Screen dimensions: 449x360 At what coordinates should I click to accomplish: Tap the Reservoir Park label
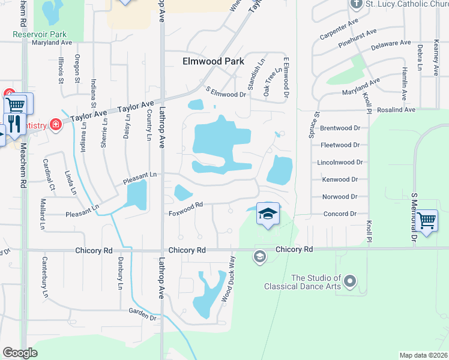(40, 34)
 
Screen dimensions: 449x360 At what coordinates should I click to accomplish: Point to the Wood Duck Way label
(227, 285)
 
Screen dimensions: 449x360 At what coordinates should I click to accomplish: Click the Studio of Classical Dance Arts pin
(351, 281)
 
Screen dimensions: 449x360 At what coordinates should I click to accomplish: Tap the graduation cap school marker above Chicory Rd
(268, 214)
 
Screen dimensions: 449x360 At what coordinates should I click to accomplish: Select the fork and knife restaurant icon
(14, 124)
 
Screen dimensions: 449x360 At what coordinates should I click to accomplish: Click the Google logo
(20, 353)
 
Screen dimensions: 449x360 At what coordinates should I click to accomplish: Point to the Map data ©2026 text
(423, 355)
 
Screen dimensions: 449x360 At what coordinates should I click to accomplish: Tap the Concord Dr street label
(340, 214)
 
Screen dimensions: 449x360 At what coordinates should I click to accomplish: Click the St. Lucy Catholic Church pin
(356, 4)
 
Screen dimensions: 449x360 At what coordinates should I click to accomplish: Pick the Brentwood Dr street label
(340, 128)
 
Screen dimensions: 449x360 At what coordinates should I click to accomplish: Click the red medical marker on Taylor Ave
(56, 125)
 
